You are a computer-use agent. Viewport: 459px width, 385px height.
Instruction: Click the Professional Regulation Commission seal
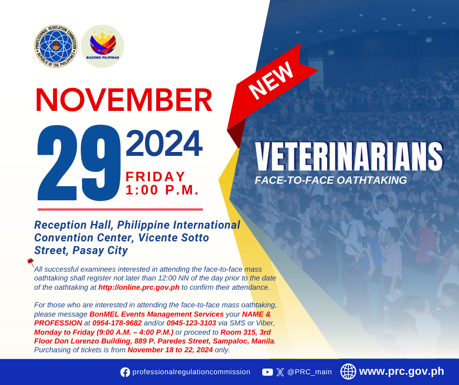click(56, 46)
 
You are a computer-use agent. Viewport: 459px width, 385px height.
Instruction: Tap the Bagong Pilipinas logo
click(103, 46)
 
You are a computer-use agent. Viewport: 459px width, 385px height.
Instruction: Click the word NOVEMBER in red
click(124, 100)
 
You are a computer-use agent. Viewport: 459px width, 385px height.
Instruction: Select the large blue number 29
click(79, 163)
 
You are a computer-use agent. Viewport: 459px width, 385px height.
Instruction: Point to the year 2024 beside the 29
click(164, 144)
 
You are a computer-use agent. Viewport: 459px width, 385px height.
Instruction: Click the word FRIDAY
click(155, 177)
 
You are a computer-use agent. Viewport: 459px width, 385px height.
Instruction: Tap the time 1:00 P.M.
click(162, 190)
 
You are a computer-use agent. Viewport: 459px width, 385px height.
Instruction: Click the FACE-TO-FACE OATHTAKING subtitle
click(331, 180)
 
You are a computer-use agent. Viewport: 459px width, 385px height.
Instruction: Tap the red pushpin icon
click(31, 262)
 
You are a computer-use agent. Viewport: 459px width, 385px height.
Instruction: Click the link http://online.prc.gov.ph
click(139, 287)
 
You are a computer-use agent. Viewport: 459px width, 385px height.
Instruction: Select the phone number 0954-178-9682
click(117, 323)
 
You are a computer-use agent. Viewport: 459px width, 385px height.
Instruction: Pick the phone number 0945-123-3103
click(191, 323)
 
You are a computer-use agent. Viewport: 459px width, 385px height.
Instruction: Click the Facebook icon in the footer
click(125, 372)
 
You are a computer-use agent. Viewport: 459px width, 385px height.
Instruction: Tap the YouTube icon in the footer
click(267, 372)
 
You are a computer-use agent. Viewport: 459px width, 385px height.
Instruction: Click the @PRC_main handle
click(310, 372)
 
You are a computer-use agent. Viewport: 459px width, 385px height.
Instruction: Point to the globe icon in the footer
click(348, 371)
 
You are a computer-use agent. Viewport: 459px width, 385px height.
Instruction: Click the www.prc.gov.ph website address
click(401, 371)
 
